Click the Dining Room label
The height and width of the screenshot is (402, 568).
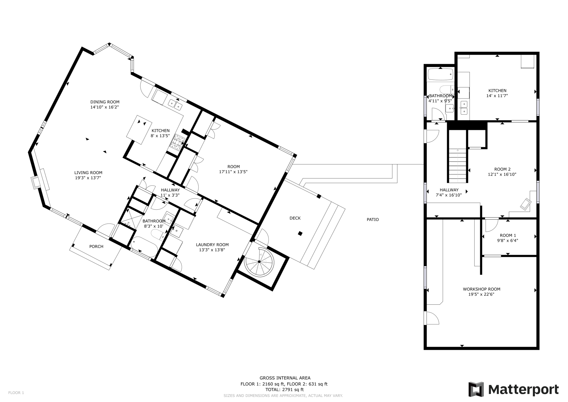click(x=105, y=102)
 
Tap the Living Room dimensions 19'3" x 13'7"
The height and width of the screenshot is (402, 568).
click(x=88, y=178)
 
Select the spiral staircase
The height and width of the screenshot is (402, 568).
click(x=259, y=262)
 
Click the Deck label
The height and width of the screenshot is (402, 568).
click(x=295, y=218)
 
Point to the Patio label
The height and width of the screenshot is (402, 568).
click(x=373, y=220)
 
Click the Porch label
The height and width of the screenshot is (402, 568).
click(x=96, y=247)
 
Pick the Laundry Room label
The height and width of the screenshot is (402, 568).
click(x=212, y=245)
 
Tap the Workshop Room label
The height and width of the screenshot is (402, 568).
click(x=481, y=289)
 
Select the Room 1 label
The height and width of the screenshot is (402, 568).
click(x=508, y=236)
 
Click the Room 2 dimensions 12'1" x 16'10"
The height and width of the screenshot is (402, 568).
click(x=502, y=175)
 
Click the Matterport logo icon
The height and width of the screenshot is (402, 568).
click(x=476, y=389)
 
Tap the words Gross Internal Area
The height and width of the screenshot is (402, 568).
click(x=285, y=378)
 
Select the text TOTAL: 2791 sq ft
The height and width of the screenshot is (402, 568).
click(x=285, y=390)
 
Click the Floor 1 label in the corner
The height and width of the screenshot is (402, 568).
click(x=16, y=393)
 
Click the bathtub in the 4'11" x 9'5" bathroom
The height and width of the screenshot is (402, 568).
click(x=441, y=74)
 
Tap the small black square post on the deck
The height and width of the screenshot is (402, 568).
click(x=300, y=233)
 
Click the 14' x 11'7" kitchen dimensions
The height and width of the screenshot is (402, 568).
click(x=497, y=96)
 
